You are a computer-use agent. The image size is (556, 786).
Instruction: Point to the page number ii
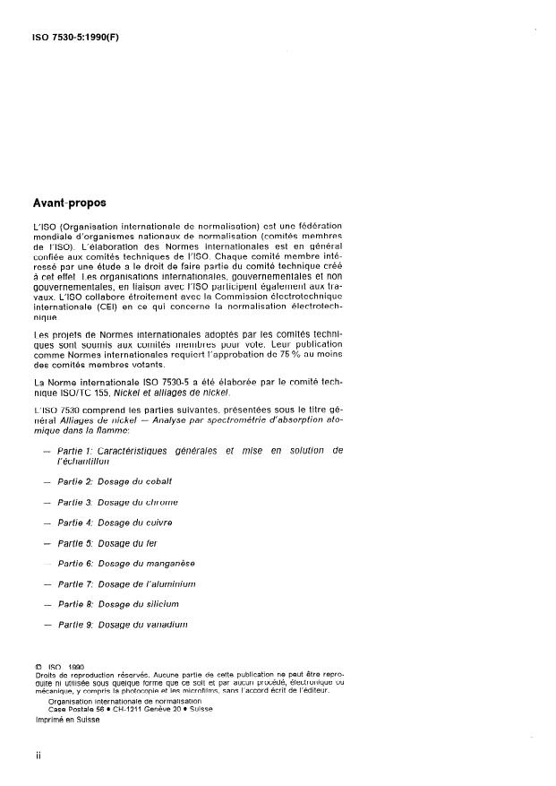(x=38, y=756)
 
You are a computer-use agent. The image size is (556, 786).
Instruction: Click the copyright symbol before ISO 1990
(x=38, y=667)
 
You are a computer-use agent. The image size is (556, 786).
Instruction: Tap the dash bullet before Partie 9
(x=47, y=625)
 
